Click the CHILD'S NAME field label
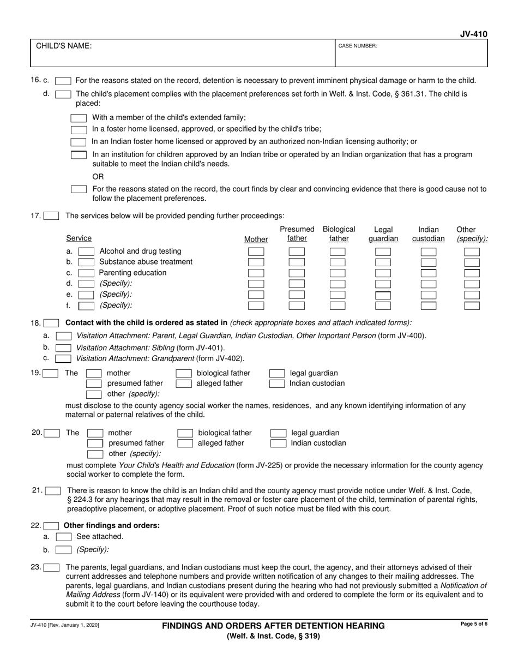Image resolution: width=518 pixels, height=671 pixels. pos(64,46)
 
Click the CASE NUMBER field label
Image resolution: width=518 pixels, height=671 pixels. pos(358,46)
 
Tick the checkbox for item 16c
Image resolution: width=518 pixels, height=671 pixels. pos(63,81)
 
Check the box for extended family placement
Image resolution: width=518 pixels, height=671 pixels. pos(79,118)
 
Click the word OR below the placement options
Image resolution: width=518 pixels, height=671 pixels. pos(98,177)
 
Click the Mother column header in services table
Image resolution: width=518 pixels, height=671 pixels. pos(256,239)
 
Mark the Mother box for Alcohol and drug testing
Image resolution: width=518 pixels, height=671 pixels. pos(256,252)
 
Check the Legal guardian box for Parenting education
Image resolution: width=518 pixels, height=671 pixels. pos(383,273)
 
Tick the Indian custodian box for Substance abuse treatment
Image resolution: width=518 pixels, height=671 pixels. pos(429,262)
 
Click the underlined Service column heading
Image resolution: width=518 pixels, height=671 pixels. pos(79,238)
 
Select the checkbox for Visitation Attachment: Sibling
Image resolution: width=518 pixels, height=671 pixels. pos(63,348)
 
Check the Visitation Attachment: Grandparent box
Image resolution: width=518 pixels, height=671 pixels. pos(63,358)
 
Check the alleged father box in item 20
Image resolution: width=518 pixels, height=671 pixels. pos(185,444)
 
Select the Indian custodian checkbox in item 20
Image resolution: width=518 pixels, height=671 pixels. pos(278,444)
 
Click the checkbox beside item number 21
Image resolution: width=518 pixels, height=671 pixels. pos(52,491)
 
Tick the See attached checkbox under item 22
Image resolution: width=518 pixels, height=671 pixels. pos(64,537)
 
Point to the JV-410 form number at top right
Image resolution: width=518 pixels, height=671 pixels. pos(474,34)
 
